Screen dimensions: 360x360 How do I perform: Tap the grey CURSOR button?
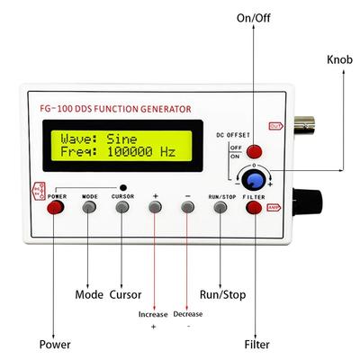point(123,207)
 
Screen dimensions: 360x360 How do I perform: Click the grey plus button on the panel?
point(156,207)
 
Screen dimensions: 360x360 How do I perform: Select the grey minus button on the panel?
point(188,207)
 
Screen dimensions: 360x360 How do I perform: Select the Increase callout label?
point(152,314)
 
